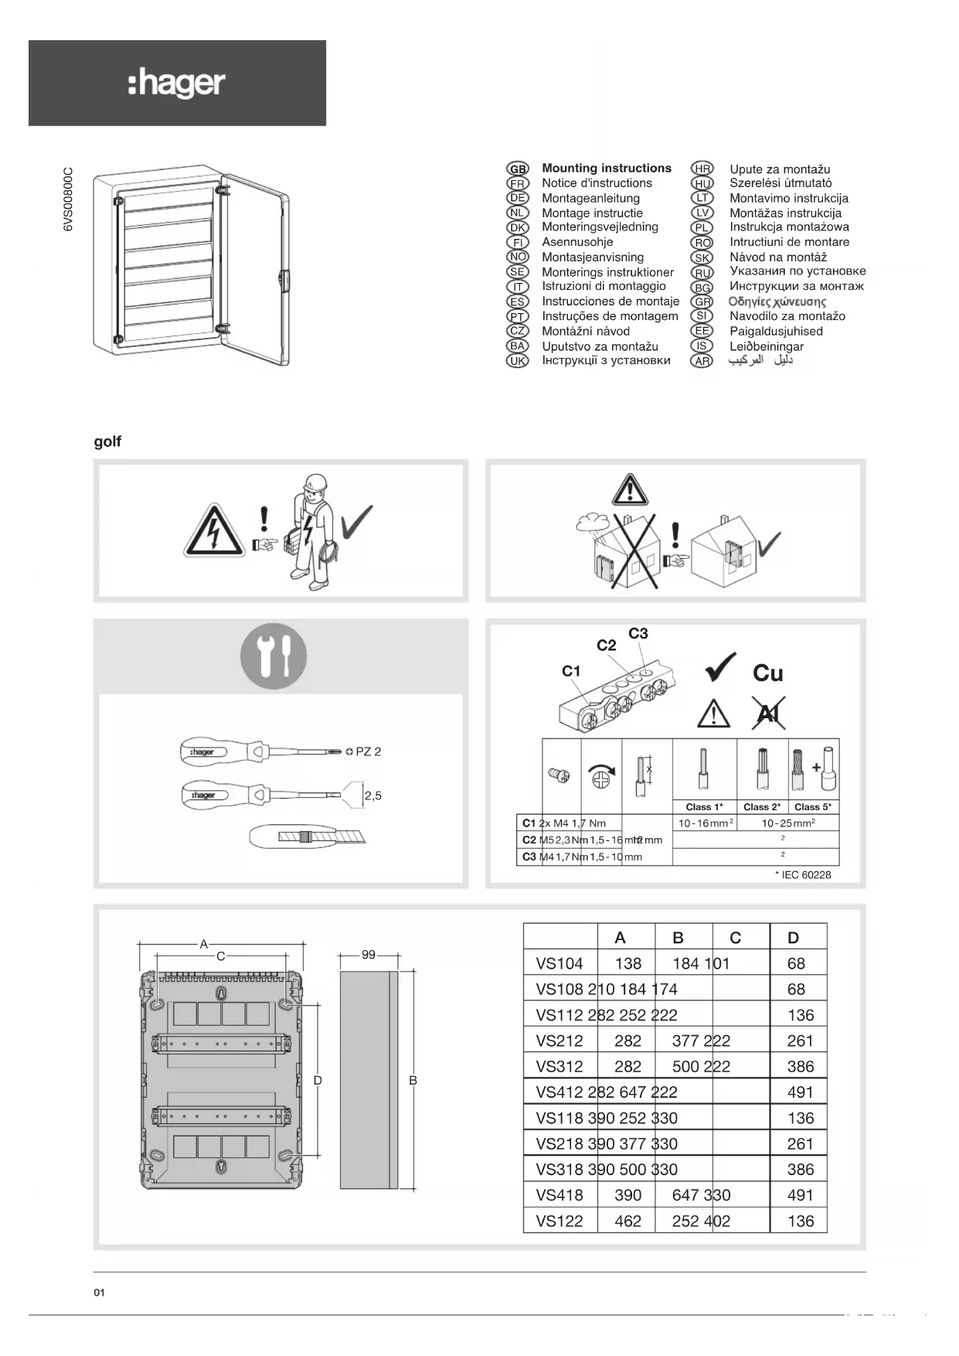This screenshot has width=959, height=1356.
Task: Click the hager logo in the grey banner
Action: tap(177, 83)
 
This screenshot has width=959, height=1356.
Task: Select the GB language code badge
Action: tap(517, 169)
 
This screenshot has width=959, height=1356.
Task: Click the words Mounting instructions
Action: tap(607, 168)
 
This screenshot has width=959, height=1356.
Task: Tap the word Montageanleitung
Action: tap(590, 198)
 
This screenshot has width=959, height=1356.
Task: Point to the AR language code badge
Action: tap(702, 361)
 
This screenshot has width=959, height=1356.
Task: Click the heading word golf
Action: tap(107, 441)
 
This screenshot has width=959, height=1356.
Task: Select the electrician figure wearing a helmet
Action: tap(311, 533)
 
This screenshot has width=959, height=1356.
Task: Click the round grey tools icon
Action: tap(273, 656)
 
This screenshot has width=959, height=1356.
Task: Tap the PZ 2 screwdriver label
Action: tap(368, 751)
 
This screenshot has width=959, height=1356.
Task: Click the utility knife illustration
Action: tap(308, 836)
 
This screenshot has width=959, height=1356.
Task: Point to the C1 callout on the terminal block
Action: tap(571, 671)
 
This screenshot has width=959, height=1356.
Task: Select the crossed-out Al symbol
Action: tap(768, 713)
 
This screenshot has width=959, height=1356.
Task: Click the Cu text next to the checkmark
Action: tap(768, 673)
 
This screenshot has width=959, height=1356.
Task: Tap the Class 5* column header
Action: tap(813, 807)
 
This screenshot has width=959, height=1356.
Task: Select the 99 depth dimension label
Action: tap(369, 955)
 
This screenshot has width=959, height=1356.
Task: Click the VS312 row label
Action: tap(559, 1067)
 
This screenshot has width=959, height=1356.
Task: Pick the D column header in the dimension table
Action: tap(793, 938)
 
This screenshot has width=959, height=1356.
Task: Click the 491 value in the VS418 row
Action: tap(800, 1195)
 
